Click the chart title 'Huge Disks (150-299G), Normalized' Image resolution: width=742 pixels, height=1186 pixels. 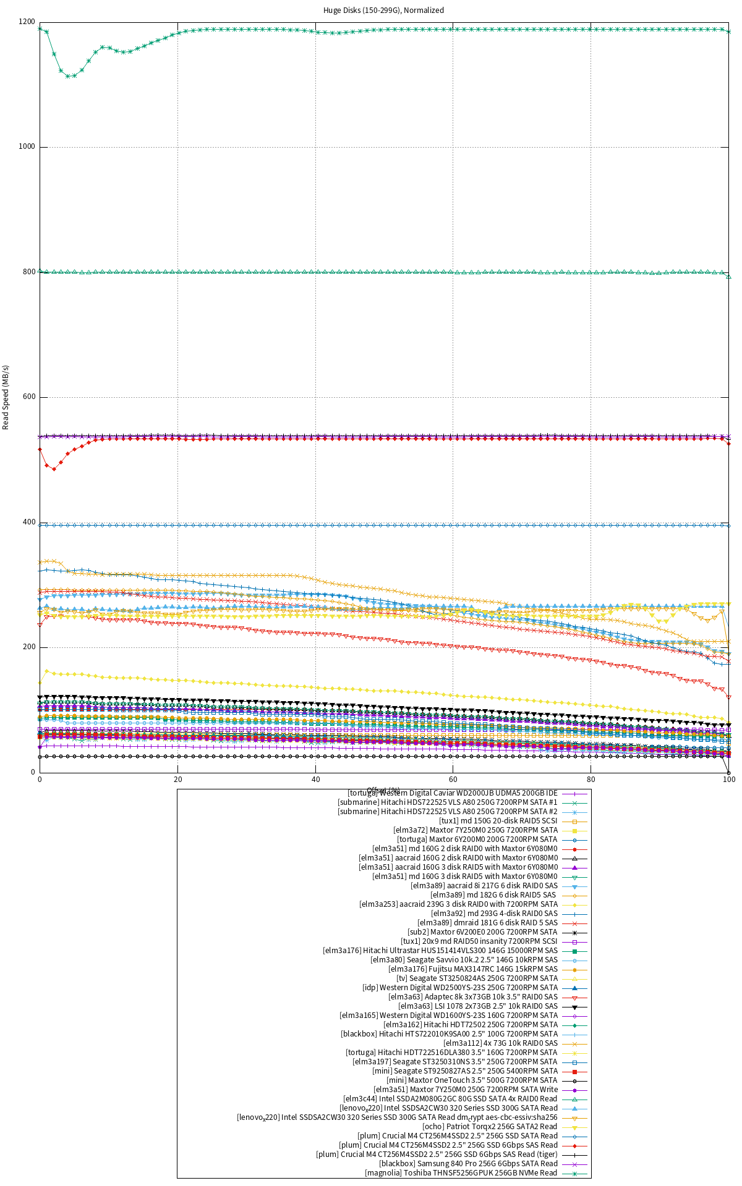coord(383,11)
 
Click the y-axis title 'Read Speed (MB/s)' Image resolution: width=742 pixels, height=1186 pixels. coord(6,397)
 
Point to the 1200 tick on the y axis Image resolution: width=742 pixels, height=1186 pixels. coord(27,22)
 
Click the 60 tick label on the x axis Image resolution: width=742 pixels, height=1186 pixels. coord(453,780)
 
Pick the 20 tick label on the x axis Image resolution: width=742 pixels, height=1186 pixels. coord(178,780)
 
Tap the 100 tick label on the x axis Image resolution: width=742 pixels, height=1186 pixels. coord(728,780)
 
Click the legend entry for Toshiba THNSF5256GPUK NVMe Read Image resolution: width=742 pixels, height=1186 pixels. coord(461,1173)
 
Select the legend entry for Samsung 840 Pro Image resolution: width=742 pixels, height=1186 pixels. coord(468,1164)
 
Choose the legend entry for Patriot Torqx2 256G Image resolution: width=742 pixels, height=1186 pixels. coord(490,1127)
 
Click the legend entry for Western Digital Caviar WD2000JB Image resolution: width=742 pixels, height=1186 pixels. coord(453,793)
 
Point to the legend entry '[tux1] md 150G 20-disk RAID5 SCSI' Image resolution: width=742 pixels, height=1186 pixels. coord(498,821)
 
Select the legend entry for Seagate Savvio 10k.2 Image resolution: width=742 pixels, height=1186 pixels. coord(464,960)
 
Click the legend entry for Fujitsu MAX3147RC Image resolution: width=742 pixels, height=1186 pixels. coord(472,969)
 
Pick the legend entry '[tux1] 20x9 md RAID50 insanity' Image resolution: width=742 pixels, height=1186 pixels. coord(479,941)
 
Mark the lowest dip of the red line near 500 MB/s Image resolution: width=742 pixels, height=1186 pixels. coord(54,469)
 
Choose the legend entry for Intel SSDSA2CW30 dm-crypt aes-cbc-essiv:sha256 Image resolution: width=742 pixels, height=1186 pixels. coord(397,1117)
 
